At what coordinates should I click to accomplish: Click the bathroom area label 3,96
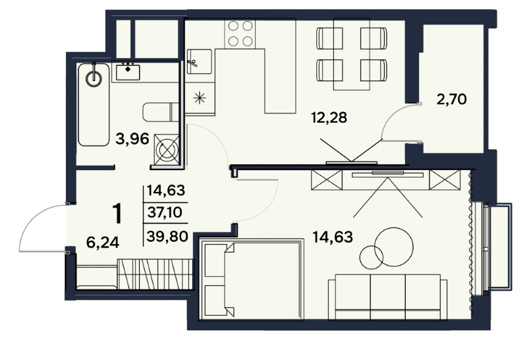point(132,138)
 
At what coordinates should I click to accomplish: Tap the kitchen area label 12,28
point(329,118)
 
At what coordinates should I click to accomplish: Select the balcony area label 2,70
point(452,100)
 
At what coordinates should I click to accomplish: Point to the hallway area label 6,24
point(103,242)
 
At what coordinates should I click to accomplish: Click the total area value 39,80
point(167,237)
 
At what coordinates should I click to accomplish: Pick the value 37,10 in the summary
point(165,212)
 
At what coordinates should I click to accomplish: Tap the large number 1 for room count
point(117,214)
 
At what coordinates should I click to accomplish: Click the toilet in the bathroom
point(161,112)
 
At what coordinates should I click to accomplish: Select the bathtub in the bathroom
point(94,105)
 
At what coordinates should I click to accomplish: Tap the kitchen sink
point(200,61)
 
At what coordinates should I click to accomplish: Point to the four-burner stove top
point(240,34)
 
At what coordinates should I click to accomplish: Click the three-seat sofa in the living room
point(388,297)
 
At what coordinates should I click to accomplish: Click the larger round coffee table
point(393,247)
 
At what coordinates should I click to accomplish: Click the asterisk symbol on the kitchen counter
point(200,98)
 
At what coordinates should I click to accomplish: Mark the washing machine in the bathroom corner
point(167,150)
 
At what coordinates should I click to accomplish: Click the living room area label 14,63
point(333,237)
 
